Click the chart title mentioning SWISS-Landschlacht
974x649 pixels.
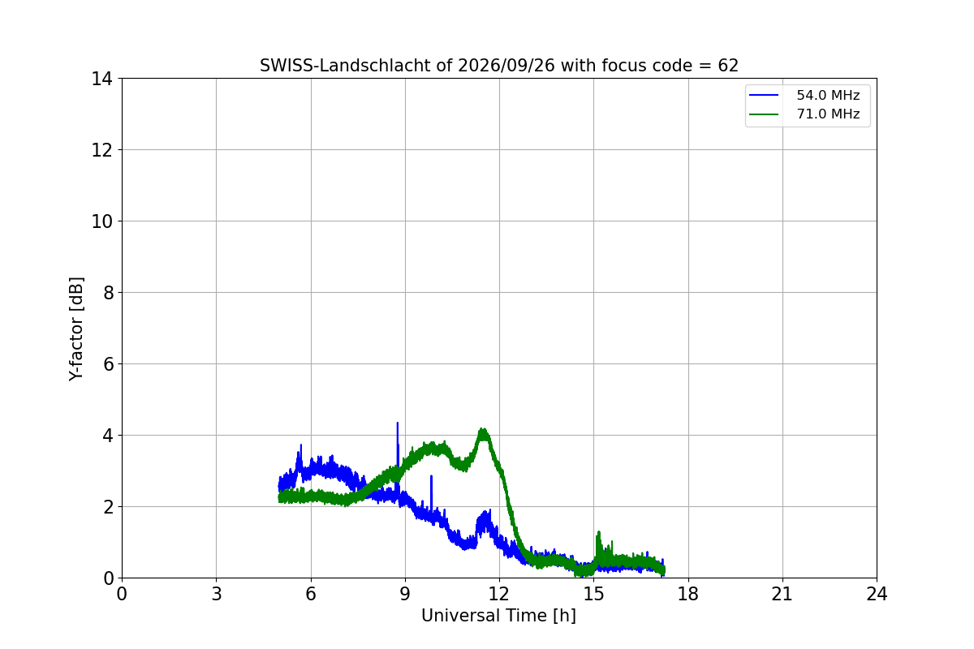click(x=498, y=66)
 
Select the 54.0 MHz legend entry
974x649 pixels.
click(x=804, y=95)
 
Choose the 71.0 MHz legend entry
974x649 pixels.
click(x=804, y=114)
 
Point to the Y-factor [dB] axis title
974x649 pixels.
click(x=75, y=329)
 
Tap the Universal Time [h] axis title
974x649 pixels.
click(x=498, y=616)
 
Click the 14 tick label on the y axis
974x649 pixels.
click(x=101, y=80)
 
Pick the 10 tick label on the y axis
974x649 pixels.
click(x=101, y=221)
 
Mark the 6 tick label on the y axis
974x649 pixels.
click(x=108, y=364)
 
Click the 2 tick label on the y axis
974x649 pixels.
click(x=108, y=507)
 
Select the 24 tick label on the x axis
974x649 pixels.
click(x=877, y=594)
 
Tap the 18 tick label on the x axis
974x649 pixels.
click(x=688, y=594)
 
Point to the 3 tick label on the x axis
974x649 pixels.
click(x=216, y=594)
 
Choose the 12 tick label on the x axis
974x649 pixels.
click(x=499, y=594)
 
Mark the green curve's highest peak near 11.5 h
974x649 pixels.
click(x=483, y=430)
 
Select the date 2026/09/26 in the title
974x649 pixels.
click(x=506, y=66)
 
